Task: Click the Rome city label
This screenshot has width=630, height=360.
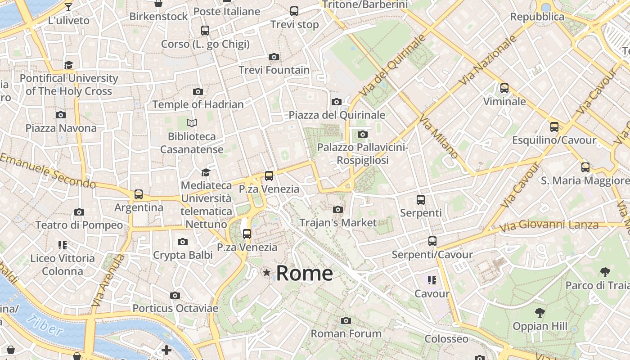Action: (x=305, y=273)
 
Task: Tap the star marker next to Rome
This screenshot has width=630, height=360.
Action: (x=267, y=272)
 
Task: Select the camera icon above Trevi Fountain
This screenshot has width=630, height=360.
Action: (x=274, y=57)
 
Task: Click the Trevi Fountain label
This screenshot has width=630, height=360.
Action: (x=274, y=70)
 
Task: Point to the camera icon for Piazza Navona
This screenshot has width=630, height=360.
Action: (x=61, y=115)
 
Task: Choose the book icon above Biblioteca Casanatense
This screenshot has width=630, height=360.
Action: (x=192, y=123)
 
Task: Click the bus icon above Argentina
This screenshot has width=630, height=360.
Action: (x=139, y=194)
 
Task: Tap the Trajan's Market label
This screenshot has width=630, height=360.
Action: (x=338, y=223)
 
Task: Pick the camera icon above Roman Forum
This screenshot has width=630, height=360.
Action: (x=346, y=320)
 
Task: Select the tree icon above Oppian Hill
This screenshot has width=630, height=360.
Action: (x=540, y=313)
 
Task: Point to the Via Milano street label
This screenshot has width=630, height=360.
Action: (x=438, y=136)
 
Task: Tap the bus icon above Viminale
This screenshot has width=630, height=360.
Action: (x=504, y=88)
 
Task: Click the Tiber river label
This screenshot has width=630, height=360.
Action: (x=45, y=325)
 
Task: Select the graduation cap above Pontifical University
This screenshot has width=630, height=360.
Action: (x=68, y=65)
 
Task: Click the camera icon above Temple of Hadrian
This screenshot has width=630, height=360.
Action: (x=198, y=91)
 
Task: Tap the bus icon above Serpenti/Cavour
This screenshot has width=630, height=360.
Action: (x=432, y=241)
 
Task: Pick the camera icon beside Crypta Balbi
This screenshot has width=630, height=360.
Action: (x=182, y=242)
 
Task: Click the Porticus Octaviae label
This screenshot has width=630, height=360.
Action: (x=175, y=308)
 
